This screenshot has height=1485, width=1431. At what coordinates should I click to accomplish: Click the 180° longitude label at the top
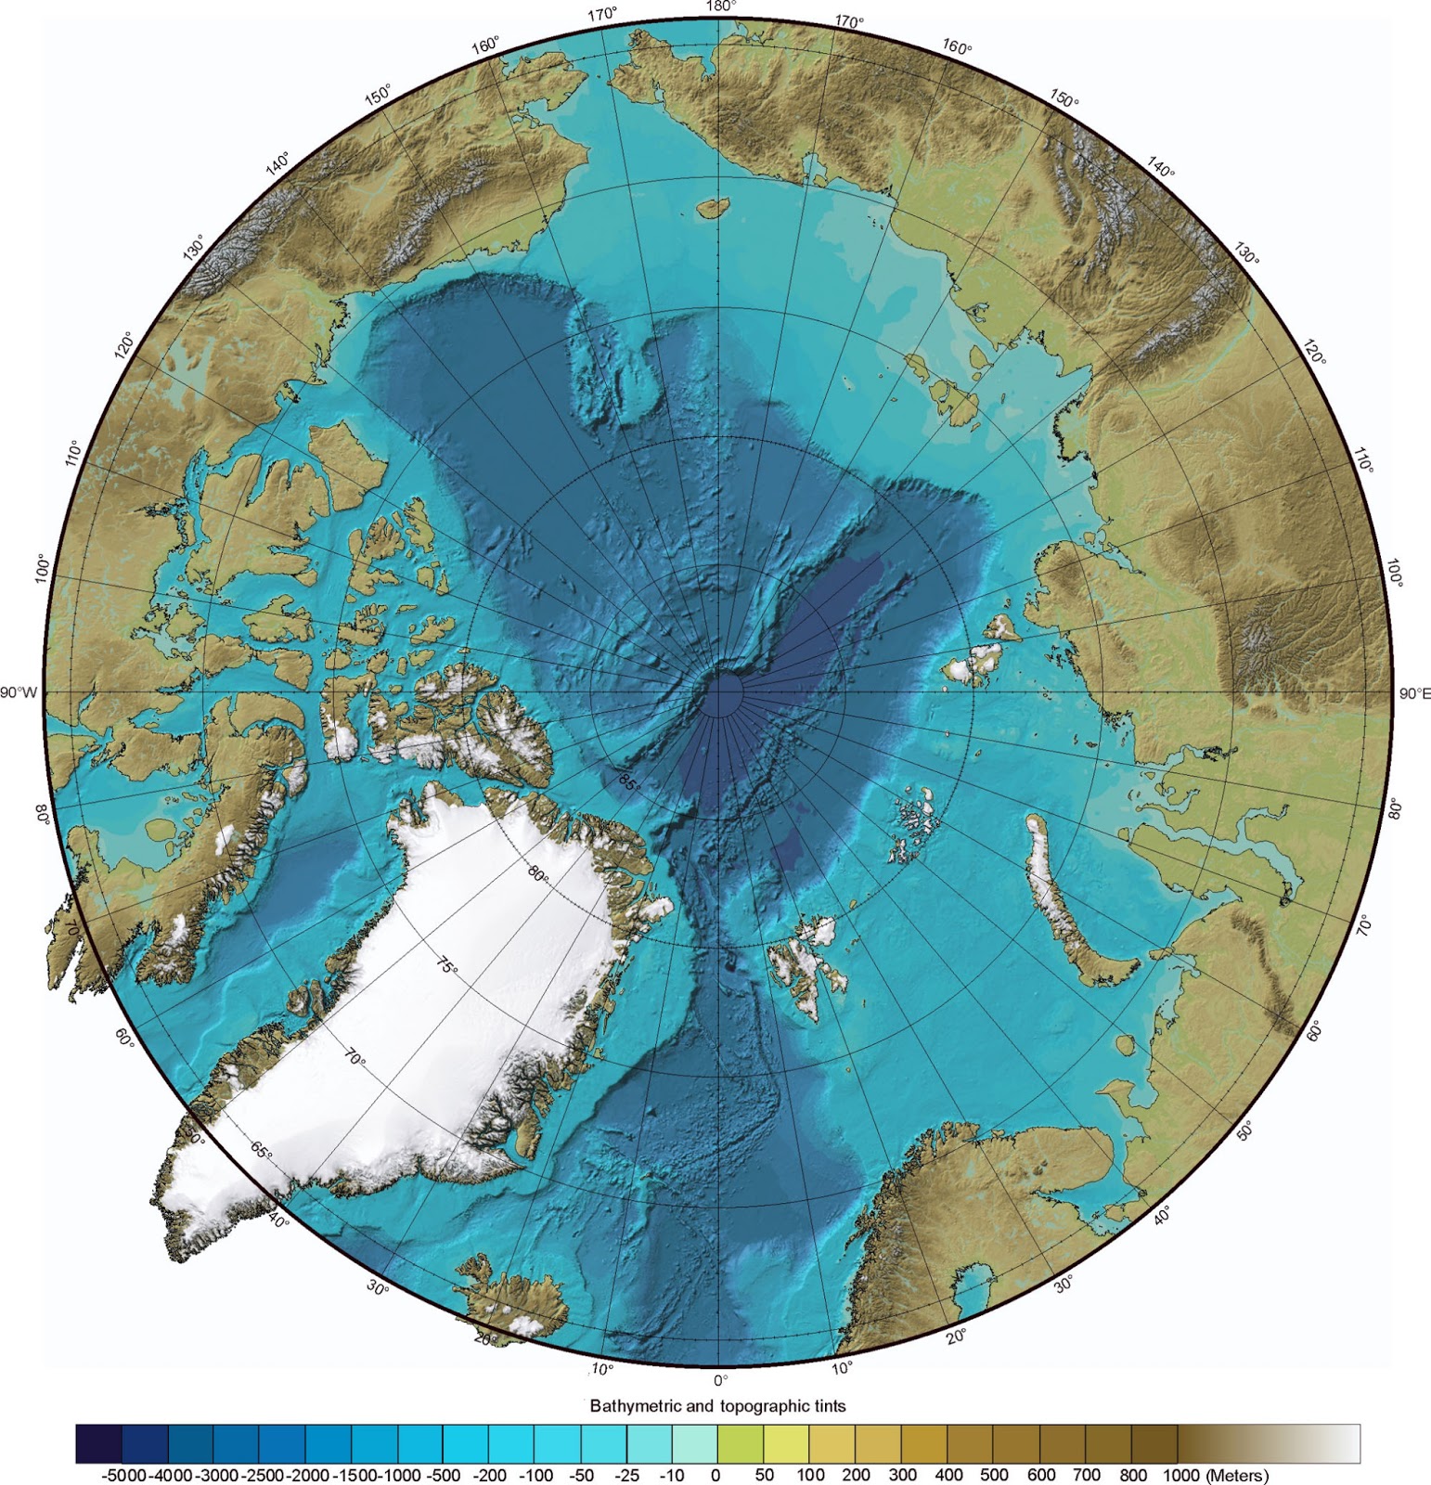click(720, 6)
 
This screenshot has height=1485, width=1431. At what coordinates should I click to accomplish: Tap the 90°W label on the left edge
click(19, 692)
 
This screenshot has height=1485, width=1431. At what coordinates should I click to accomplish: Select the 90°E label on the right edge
click(1413, 693)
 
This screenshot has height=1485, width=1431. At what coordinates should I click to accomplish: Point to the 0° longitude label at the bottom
click(720, 1380)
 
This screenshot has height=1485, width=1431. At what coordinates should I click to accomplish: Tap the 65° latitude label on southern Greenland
click(262, 1151)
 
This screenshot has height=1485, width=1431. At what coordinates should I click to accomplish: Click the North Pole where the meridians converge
click(720, 693)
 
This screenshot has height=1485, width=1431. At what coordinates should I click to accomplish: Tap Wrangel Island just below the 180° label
click(711, 207)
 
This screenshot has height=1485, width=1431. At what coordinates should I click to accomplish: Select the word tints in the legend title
click(826, 1405)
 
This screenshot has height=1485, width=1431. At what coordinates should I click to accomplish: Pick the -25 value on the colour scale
click(626, 1475)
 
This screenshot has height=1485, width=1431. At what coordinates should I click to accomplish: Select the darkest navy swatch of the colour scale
click(98, 1443)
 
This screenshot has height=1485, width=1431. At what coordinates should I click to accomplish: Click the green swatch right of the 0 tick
click(740, 1443)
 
